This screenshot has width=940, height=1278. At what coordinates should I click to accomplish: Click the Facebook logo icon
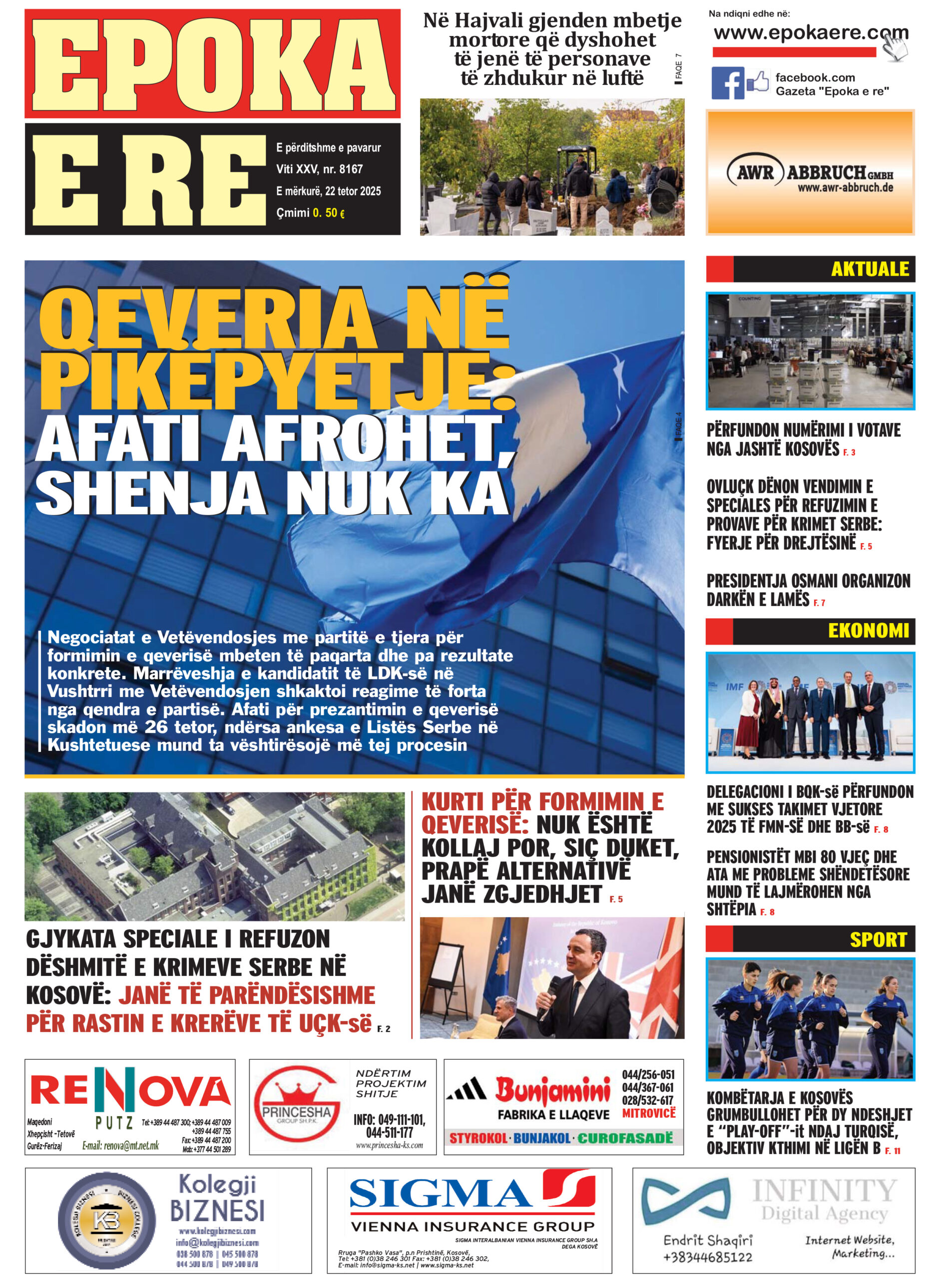[x=727, y=83]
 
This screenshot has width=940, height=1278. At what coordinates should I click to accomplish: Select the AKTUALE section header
[x=870, y=269]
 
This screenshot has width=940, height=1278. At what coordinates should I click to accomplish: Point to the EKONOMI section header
[x=868, y=631]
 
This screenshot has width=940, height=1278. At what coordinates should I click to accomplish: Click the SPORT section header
[x=878, y=940]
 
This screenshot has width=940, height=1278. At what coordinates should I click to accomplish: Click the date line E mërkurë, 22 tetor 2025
[x=328, y=191]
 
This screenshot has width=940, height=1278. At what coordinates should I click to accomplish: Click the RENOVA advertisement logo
[x=130, y=1093]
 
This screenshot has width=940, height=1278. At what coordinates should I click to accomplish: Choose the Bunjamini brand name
[x=552, y=1090]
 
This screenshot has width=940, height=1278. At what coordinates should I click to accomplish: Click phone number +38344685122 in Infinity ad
[x=707, y=1257]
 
